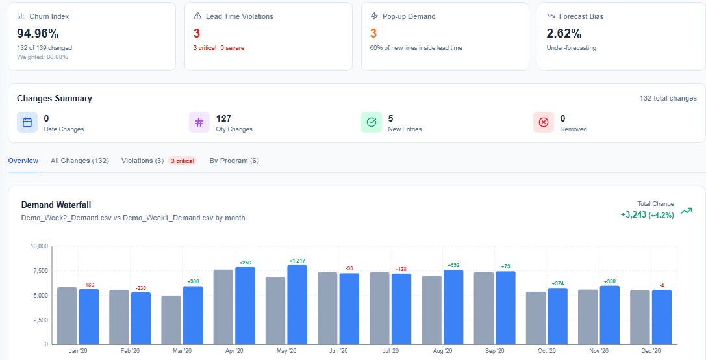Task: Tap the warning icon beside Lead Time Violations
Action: [x=197, y=16]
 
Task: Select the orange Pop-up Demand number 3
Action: [x=373, y=33]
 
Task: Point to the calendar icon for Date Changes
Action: [x=27, y=122]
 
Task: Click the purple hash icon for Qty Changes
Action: [x=199, y=122]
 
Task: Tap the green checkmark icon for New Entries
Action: [x=372, y=122]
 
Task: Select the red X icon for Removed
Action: [x=544, y=122]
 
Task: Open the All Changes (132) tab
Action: [x=79, y=161]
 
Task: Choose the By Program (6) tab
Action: [x=234, y=161]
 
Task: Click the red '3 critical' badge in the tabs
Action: [x=183, y=161]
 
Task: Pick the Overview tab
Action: [x=23, y=161]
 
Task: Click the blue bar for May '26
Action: [x=297, y=304]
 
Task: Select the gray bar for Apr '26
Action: [x=223, y=307]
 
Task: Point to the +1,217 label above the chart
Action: [x=297, y=261]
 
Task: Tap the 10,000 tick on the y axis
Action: [x=39, y=246]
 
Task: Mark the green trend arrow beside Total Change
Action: [x=686, y=211]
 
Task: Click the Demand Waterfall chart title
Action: [x=56, y=205]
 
